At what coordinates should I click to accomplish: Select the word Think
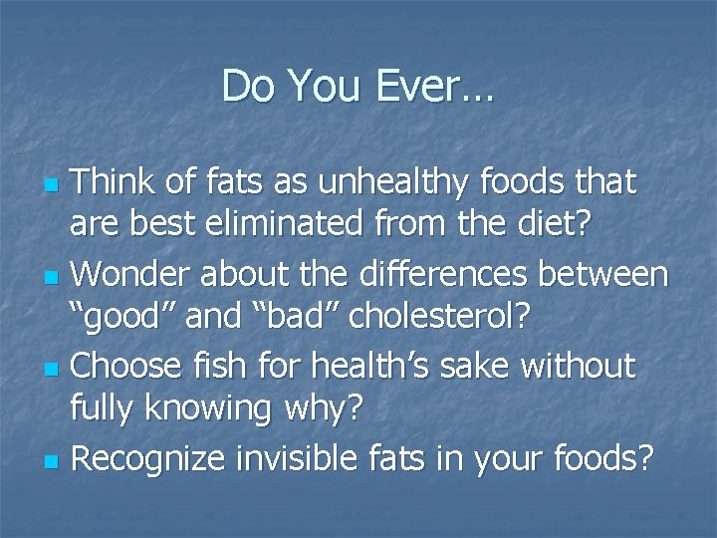point(115,182)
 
